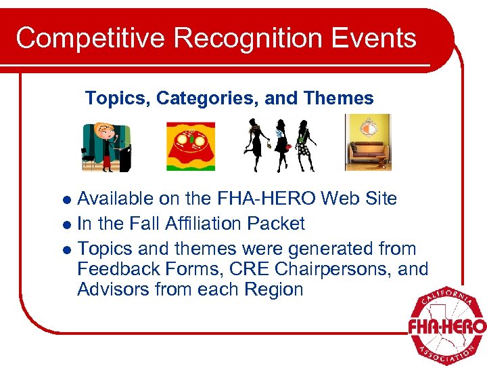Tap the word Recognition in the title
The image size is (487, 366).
pos(231,38)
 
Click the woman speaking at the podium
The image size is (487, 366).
pos(107,146)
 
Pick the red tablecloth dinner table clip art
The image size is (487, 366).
pos(190,146)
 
